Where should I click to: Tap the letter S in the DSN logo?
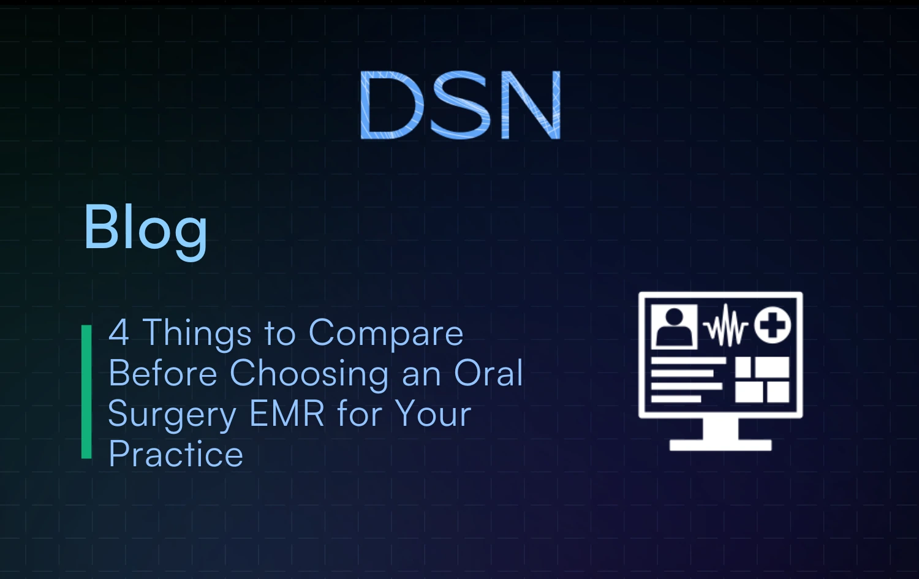click(x=460, y=105)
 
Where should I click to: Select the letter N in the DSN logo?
click(x=531, y=105)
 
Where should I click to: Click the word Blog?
click(x=145, y=229)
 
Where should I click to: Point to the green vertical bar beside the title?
click(x=86, y=392)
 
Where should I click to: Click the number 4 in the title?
click(x=119, y=333)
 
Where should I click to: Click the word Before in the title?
click(x=163, y=373)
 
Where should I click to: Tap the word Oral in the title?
click(x=488, y=373)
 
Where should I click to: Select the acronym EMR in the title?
click(x=287, y=414)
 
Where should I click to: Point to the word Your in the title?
click(x=433, y=414)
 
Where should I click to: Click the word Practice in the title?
click(x=176, y=454)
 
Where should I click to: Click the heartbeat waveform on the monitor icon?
click(x=726, y=326)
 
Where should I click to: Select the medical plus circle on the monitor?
click(x=773, y=325)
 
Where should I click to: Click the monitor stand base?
click(x=720, y=445)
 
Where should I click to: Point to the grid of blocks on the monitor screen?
click(x=762, y=380)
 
